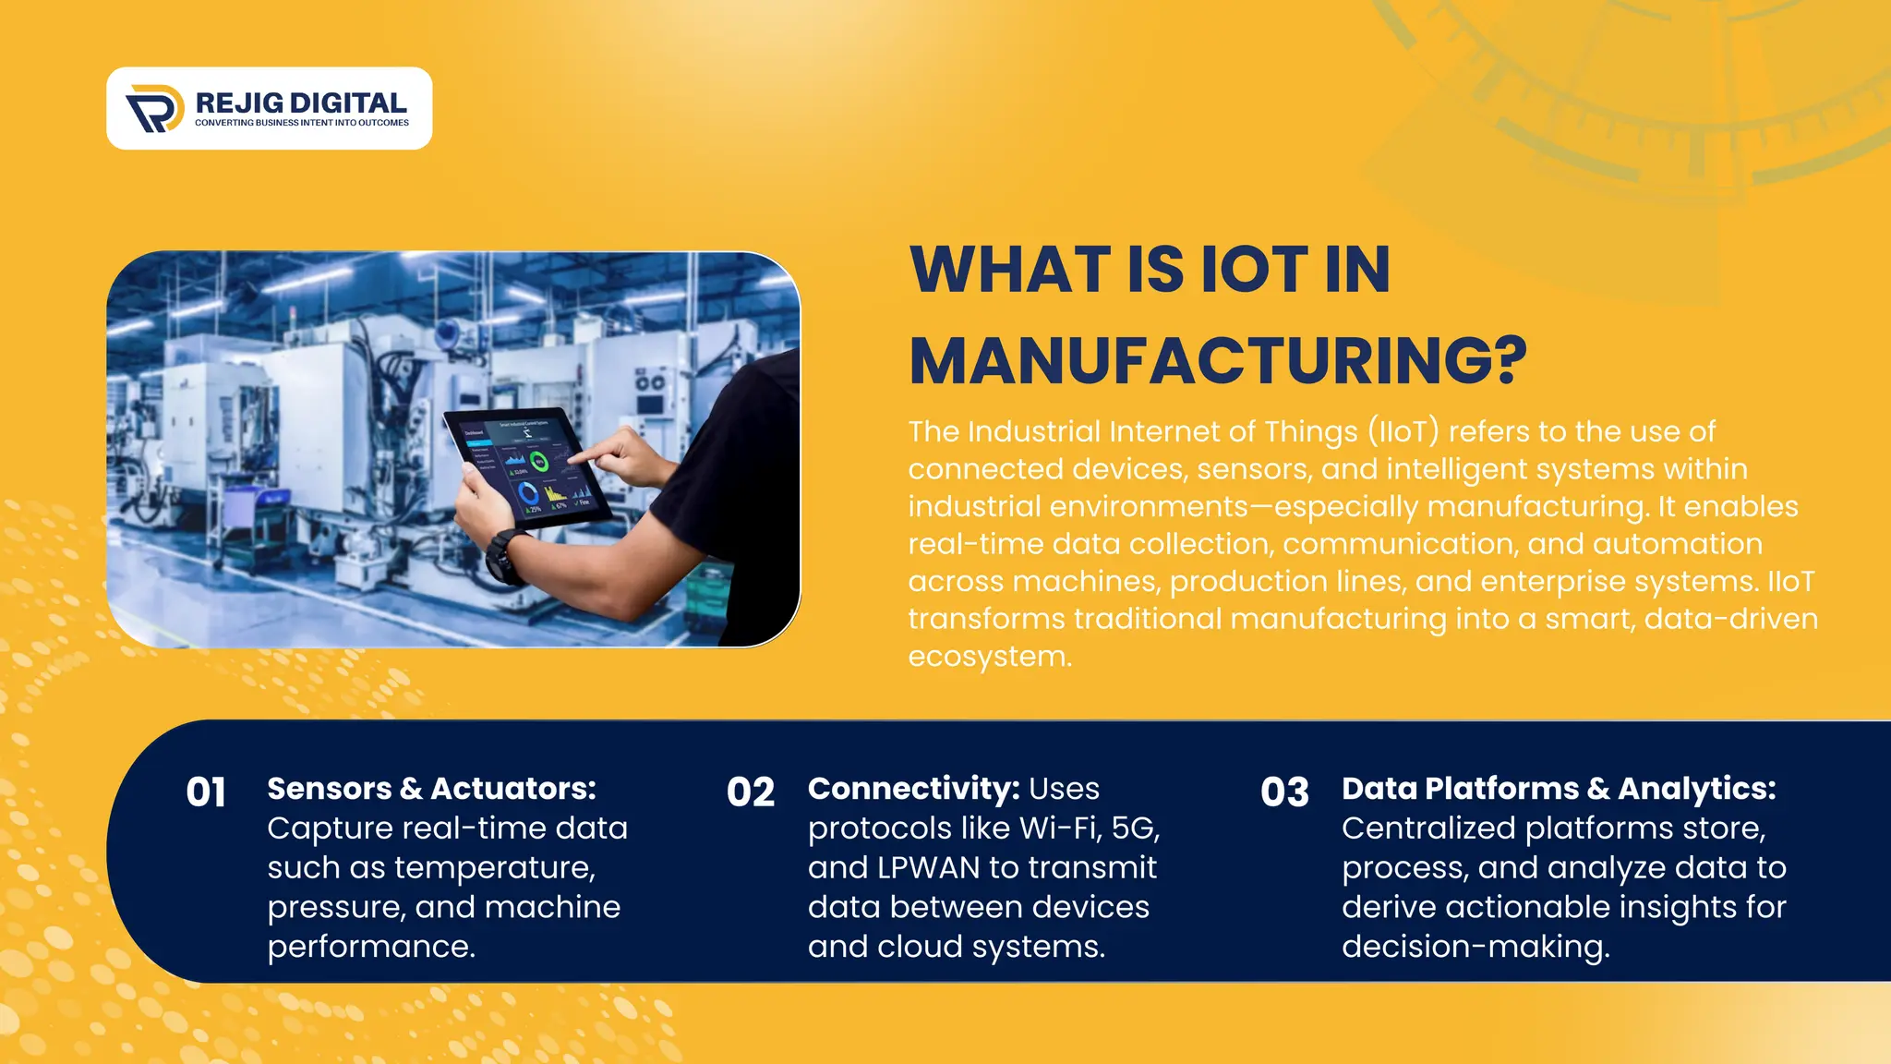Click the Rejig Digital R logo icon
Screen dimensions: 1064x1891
pyautogui.click(x=154, y=108)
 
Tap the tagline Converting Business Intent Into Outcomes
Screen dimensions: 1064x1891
pyautogui.click(x=301, y=123)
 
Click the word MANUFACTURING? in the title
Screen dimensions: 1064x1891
pyautogui.click(x=1217, y=361)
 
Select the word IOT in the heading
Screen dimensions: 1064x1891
pyautogui.click(x=1255, y=271)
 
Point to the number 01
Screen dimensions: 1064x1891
pyautogui.click(x=205, y=792)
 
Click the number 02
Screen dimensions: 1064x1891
pyautogui.click(x=750, y=792)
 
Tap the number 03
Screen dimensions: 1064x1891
pyautogui.click(x=1284, y=792)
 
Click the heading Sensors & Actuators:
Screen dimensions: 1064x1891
pyautogui.click(x=431, y=789)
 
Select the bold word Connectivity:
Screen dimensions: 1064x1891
pyautogui.click(x=913, y=789)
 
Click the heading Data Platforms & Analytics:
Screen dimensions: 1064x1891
pyautogui.click(x=1558, y=789)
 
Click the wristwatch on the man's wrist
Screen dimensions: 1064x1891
pyautogui.click(x=504, y=557)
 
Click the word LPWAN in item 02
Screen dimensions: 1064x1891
pyautogui.click(x=928, y=868)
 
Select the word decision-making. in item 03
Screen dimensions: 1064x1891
pyautogui.click(x=1475, y=948)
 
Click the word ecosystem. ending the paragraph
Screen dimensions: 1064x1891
pyautogui.click(x=989, y=657)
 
